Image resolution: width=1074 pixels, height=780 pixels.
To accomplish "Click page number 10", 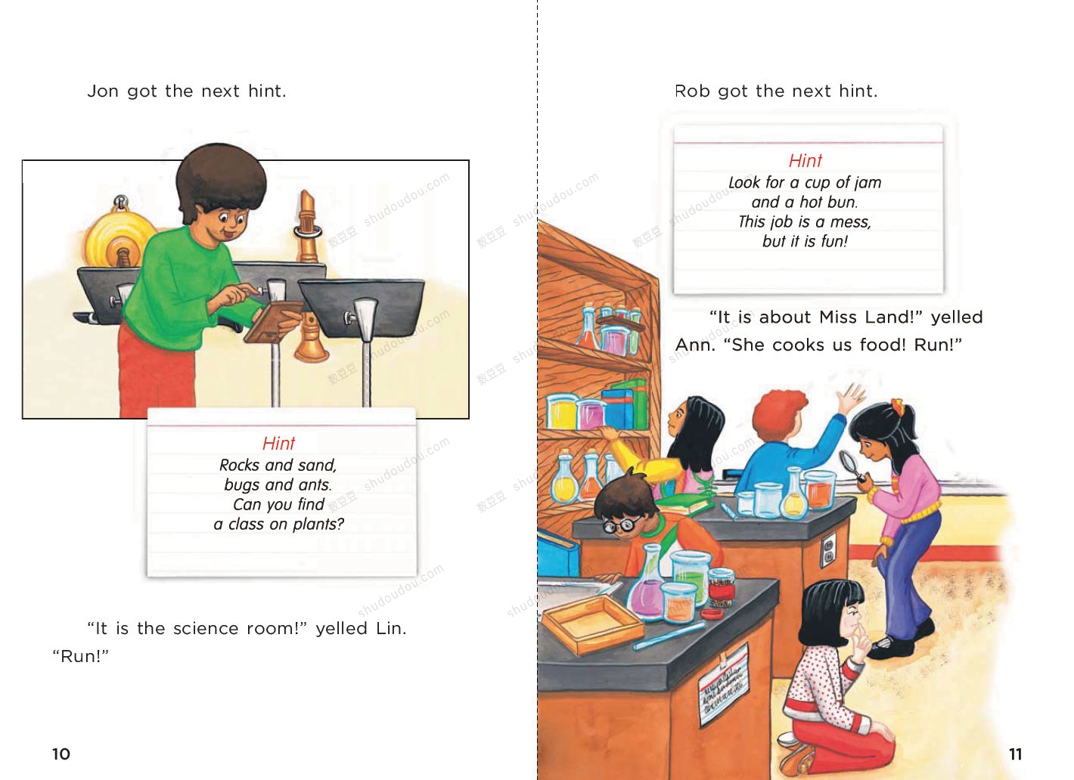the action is [61, 754].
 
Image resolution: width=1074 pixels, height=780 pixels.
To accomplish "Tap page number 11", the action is [1015, 754].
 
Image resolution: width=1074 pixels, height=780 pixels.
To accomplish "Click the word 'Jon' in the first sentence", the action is [103, 91].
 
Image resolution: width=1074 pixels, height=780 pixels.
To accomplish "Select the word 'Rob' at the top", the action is [692, 91].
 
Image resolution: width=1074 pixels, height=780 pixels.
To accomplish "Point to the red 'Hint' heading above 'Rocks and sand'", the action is [278, 443].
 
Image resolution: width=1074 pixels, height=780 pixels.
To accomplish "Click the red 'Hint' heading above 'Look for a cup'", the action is [805, 160].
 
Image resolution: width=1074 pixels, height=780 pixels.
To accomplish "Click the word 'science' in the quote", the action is [206, 628].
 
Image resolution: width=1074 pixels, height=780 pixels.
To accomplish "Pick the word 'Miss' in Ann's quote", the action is [837, 317].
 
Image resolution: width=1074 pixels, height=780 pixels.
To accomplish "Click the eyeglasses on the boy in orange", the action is [621, 525].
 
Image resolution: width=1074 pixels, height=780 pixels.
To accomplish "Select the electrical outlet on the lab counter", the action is [828, 549].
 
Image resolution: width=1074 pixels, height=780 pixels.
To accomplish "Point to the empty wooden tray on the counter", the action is [592, 625].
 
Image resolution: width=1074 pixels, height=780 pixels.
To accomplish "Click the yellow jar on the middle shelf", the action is [561, 413].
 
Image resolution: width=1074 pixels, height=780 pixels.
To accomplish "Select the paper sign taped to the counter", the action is [723, 686].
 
